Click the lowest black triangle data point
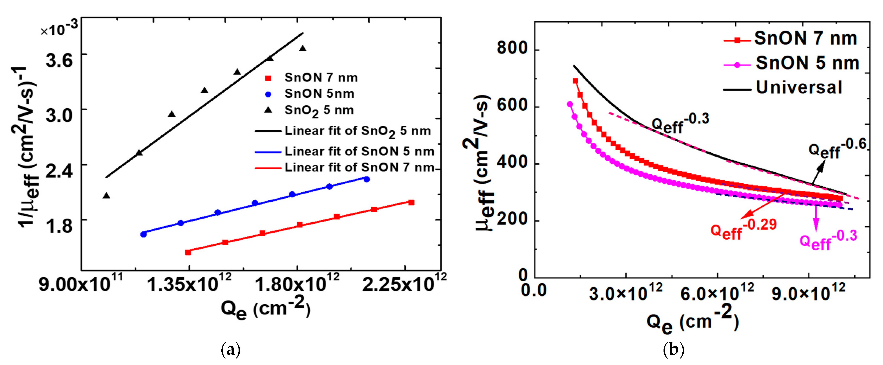click(x=106, y=195)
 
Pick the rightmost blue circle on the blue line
click(x=366, y=179)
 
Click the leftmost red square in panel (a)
click(x=188, y=252)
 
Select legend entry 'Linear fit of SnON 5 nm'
click(x=345, y=151)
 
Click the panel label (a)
click(x=231, y=350)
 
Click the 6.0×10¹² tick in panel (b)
click(x=717, y=293)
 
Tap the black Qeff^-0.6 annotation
click(x=836, y=148)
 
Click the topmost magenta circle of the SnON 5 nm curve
click(x=570, y=104)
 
